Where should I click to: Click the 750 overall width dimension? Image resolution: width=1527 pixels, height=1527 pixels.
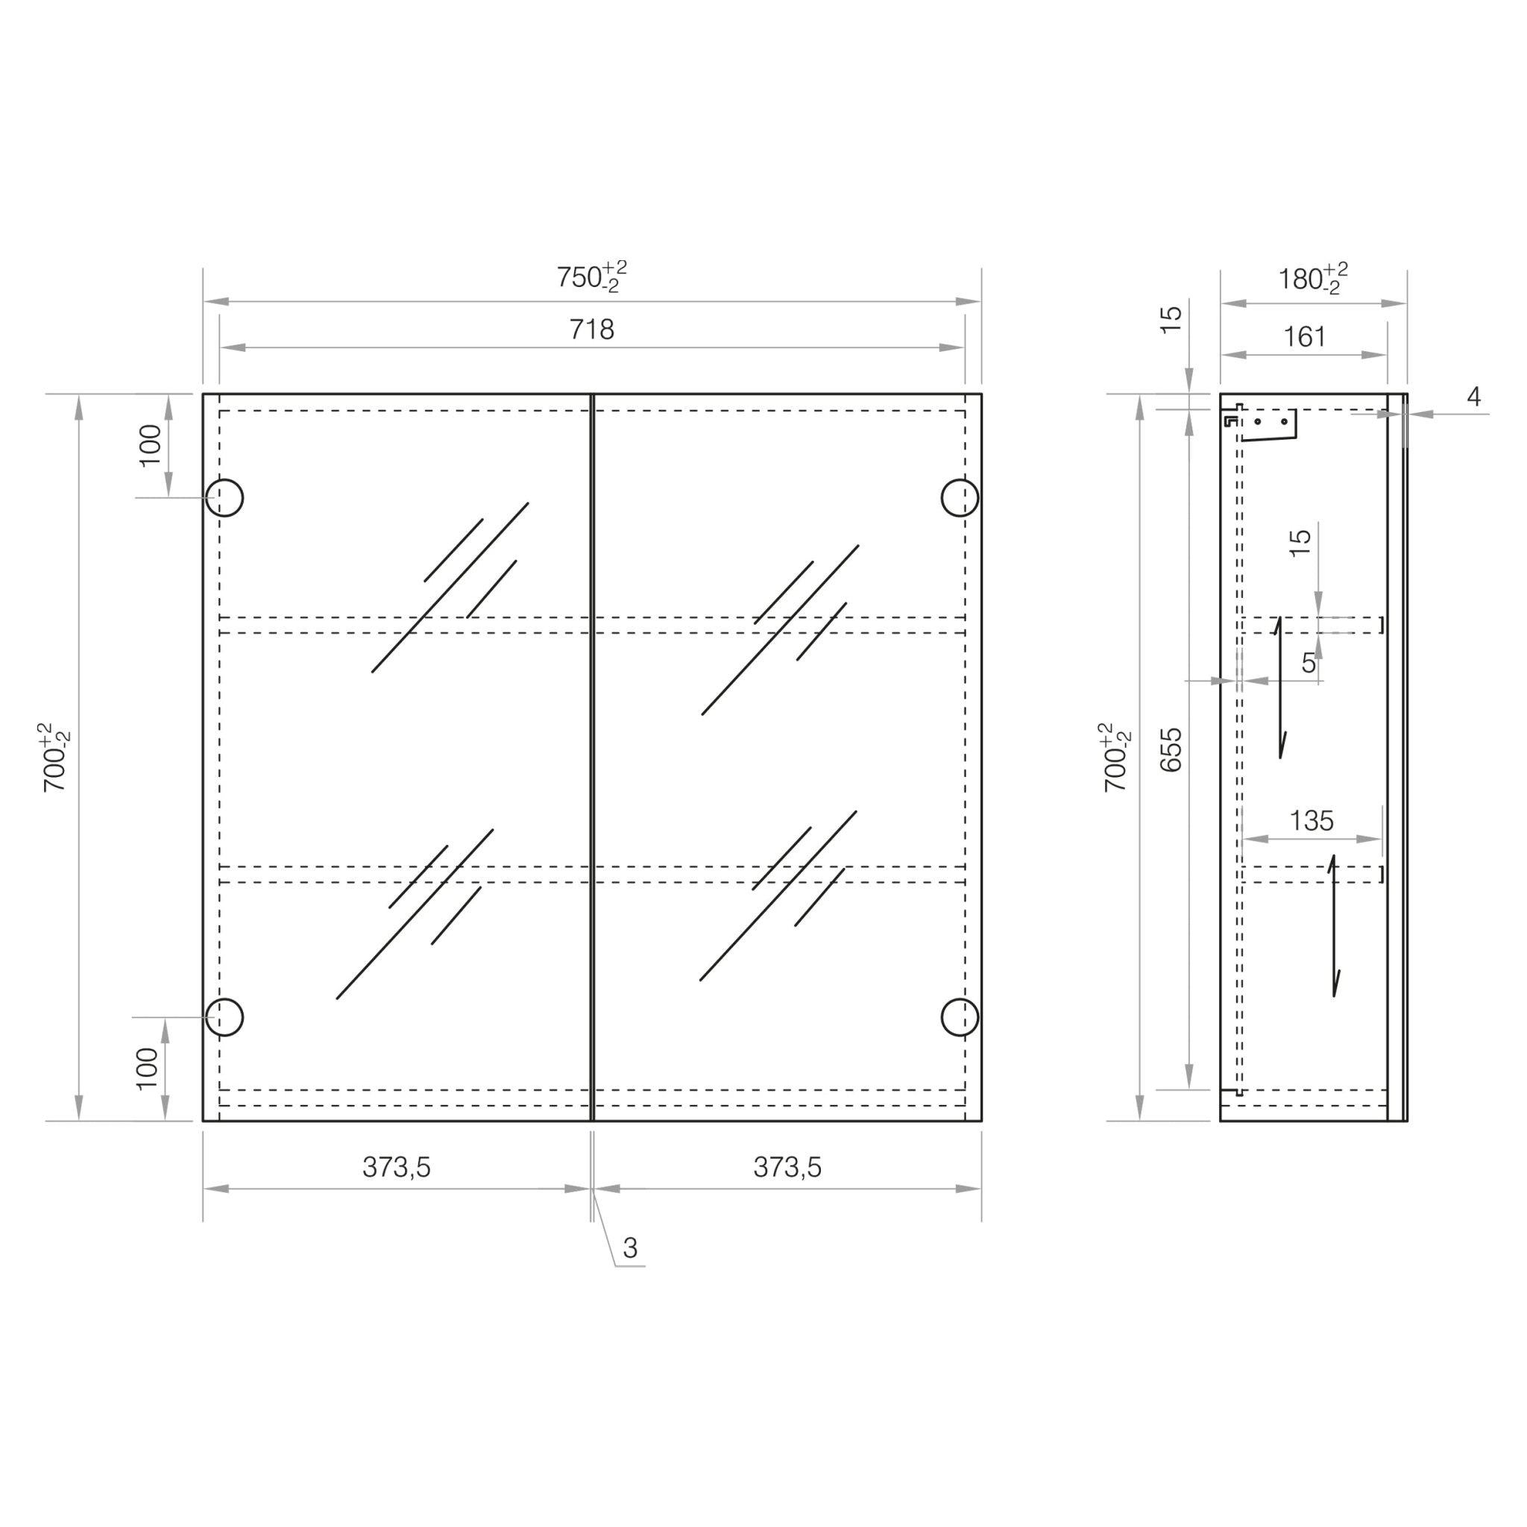click(x=591, y=277)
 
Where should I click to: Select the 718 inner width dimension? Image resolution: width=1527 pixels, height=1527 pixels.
click(x=591, y=330)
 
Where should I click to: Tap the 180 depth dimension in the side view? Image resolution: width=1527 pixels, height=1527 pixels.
click(x=1312, y=279)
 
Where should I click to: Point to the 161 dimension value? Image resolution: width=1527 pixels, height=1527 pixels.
click(x=1304, y=338)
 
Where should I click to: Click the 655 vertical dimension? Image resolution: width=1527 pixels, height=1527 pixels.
click(x=1171, y=749)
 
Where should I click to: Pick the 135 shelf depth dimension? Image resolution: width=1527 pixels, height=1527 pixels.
click(x=1312, y=821)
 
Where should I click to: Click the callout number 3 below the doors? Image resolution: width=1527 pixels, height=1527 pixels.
click(x=630, y=1248)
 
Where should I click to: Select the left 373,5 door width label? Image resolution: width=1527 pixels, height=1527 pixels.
click(x=397, y=1168)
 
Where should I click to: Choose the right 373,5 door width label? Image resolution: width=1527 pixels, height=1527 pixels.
click(x=787, y=1168)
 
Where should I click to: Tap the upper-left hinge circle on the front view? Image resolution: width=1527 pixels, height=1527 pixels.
click(x=224, y=497)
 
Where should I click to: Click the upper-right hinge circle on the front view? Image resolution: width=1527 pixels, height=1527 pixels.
click(x=960, y=497)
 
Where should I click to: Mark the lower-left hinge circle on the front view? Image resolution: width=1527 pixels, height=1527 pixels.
click(x=224, y=1017)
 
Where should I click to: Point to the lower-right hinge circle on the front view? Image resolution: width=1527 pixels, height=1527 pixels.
click(x=960, y=1017)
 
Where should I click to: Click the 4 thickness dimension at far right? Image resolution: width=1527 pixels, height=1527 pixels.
click(x=1473, y=397)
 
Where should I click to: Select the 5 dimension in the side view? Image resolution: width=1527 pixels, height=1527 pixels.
click(x=1309, y=662)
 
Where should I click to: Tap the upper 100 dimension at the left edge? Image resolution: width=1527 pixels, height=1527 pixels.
click(x=150, y=445)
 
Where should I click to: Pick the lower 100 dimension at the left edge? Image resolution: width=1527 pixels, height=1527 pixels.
click(x=148, y=1068)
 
